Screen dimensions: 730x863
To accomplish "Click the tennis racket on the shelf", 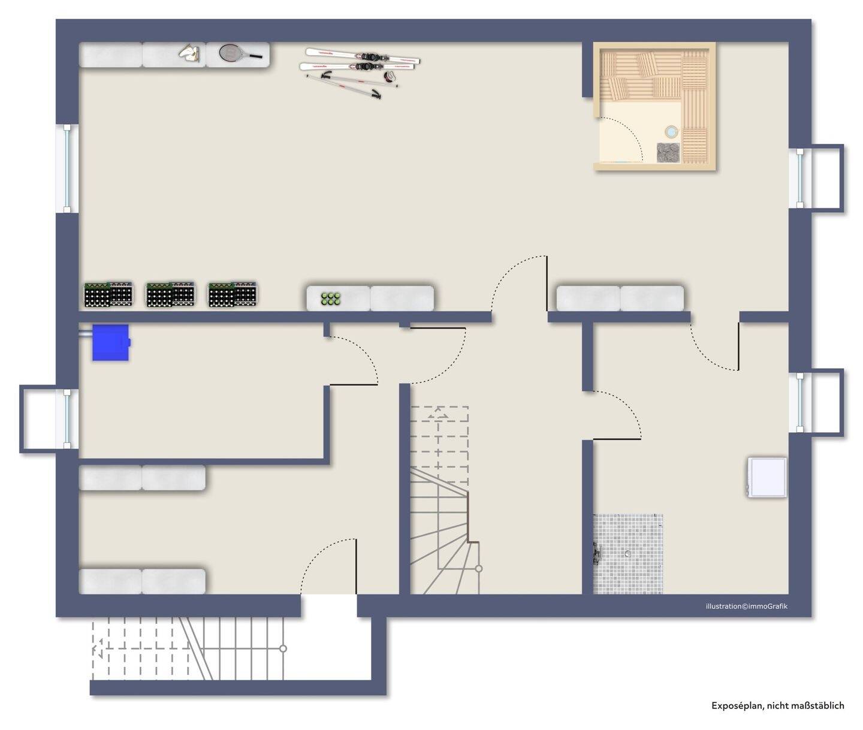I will click(238, 53).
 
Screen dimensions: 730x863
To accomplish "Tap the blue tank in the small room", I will click(111, 343).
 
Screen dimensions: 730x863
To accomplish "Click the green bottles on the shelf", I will click(330, 298).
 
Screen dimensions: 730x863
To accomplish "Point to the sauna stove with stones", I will click(668, 152).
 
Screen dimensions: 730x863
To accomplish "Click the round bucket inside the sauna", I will click(671, 131).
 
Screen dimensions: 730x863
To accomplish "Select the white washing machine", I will click(767, 477).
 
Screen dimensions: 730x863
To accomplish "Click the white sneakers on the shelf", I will click(190, 53).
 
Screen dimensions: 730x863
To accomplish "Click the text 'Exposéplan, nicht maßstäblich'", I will click(777, 705).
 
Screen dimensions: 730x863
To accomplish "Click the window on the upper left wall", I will click(68, 168).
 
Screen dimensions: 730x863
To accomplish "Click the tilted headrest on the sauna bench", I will click(647, 64).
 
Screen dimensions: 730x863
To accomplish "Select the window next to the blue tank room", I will click(67, 418).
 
